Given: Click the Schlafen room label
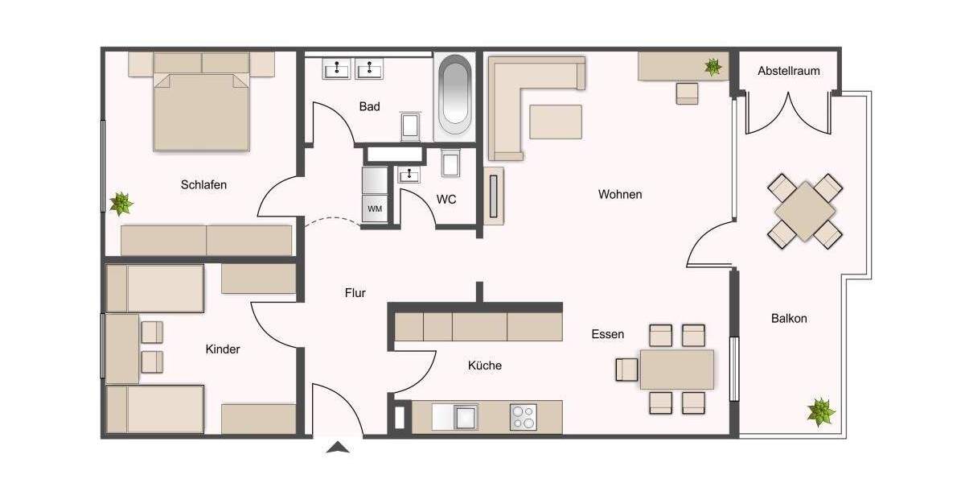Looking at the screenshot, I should point(203,184).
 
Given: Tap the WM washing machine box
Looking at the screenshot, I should point(375,208).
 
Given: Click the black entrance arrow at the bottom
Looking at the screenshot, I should point(339,448).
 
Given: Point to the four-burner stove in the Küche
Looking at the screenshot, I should point(522,417).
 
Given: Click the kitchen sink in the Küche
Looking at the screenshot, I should point(465,417).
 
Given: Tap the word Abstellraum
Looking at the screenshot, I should point(788,71).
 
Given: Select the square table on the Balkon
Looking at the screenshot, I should point(805,211).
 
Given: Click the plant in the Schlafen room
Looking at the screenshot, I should point(121,204).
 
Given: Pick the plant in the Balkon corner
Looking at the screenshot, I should point(821,411).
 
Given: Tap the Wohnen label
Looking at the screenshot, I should point(620,194).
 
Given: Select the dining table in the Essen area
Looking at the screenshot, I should point(676,369).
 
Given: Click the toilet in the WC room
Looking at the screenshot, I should point(451,164).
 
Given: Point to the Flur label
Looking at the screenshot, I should point(355,293).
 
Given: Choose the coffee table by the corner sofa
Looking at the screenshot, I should point(556,122).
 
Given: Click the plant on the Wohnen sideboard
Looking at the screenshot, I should point(712,67).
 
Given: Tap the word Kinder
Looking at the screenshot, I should point(223,349).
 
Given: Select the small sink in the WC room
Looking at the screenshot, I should point(410,174).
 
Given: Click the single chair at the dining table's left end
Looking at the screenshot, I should point(626,369).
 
